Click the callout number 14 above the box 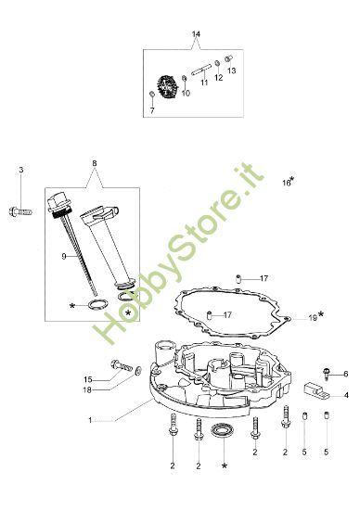pyautogui.click(x=196, y=34)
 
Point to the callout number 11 pyautogui.click(x=204, y=83)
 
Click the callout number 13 pyautogui.click(x=231, y=70)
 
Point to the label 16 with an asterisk pyautogui.click(x=289, y=183)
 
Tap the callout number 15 pyautogui.click(x=88, y=379)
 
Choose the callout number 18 pyautogui.click(x=88, y=390)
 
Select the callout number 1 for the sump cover pyautogui.click(x=89, y=420)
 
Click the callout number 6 pyautogui.click(x=345, y=375)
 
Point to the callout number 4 pyautogui.click(x=345, y=395)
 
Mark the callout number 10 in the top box pyautogui.click(x=185, y=94)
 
